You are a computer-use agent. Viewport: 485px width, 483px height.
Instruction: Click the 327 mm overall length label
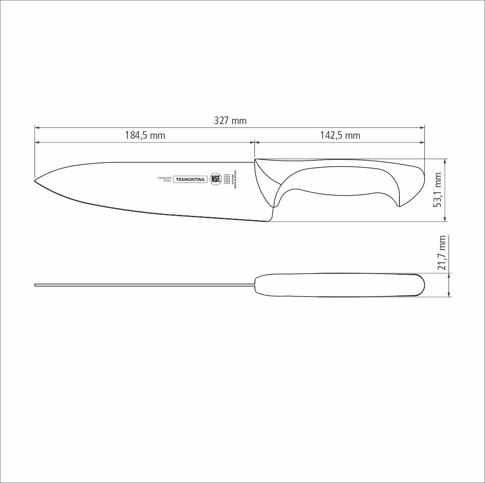pos(230,121)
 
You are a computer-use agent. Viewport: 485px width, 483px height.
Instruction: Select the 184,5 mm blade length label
pos(145,135)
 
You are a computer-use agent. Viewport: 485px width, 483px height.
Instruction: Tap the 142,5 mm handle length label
pos(340,135)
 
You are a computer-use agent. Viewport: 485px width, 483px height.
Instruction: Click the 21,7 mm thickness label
pos(442,253)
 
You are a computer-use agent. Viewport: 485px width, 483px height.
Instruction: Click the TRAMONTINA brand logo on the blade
pos(190,179)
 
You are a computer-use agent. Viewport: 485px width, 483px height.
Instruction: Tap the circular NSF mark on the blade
pos(216,179)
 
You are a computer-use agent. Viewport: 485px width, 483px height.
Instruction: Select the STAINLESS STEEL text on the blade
pos(164,179)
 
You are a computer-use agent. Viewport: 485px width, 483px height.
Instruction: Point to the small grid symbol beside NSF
pos(227,179)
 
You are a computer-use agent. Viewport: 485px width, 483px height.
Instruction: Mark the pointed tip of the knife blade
pos(36,180)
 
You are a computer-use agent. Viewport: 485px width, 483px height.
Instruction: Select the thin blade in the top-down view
pos(142,285)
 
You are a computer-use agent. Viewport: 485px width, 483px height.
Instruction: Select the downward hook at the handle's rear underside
pos(399,204)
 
